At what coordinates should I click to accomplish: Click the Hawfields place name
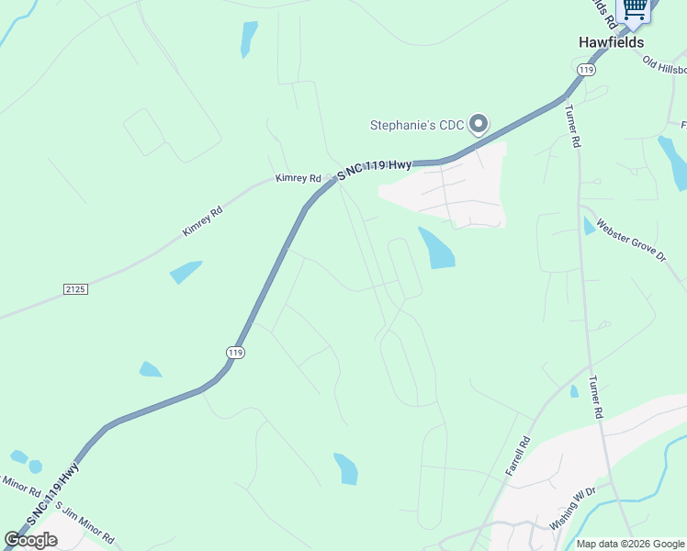[611, 42]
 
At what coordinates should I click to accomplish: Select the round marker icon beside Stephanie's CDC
[479, 124]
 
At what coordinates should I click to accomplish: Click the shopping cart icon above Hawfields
[635, 8]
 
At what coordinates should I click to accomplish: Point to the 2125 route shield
[75, 289]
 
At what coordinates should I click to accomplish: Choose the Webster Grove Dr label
[629, 241]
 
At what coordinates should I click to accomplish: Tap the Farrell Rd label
[518, 455]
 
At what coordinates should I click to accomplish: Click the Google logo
[30, 540]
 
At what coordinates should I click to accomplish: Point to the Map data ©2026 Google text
[631, 544]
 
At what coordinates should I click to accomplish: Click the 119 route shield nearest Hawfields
[585, 70]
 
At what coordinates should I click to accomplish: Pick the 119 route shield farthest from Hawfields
[235, 352]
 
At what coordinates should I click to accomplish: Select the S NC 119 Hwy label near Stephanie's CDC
[374, 168]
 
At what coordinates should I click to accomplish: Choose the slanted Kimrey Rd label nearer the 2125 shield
[203, 221]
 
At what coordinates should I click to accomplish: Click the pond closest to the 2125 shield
[186, 272]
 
